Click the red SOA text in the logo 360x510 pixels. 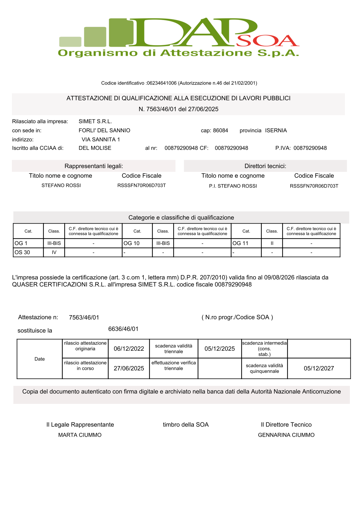[x=267, y=41]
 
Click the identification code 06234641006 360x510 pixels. [x=162, y=83]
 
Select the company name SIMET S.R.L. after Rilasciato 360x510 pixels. [x=95, y=122]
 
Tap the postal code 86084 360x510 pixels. [x=221, y=131]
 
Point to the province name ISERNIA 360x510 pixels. [x=276, y=131]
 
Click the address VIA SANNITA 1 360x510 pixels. [x=101, y=140]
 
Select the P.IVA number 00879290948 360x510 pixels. [x=310, y=148]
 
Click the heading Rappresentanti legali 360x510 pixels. [x=94, y=166]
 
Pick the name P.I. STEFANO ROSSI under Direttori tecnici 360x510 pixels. [x=233, y=186]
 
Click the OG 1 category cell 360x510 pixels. [x=28, y=243]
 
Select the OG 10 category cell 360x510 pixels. [x=137, y=243]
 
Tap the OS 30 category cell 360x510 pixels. [x=28, y=252]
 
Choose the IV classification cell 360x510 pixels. [x=54, y=252]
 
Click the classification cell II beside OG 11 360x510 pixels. [x=272, y=243]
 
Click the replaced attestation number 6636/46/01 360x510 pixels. [x=123, y=329]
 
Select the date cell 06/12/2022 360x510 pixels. [x=129, y=349]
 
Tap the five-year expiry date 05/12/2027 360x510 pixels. [x=319, y=368]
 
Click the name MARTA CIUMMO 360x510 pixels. [x=80, y=435]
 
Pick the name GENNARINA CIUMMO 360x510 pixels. [x=286, y=435]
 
